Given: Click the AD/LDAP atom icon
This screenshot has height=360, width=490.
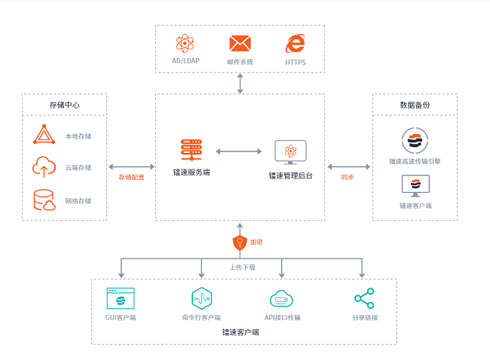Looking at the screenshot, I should (x=185, y=44).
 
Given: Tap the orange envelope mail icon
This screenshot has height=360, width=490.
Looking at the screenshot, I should (x=240, y=44).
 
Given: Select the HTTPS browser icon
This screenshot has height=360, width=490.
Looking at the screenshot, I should (x=295, y=43).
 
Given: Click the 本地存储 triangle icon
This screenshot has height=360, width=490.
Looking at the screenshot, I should (x=44, y=136).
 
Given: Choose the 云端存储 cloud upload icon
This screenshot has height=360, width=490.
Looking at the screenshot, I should (x=44, y=166).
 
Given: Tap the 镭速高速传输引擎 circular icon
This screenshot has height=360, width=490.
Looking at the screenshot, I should (x=415, y=141).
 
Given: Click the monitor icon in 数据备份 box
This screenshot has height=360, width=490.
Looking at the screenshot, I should (x=415, y=185).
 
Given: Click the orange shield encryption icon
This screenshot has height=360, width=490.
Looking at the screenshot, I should (x=240, y=242).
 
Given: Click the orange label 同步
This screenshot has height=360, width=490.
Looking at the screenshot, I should (x=348, y=177).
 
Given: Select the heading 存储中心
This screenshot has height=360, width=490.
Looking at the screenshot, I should (x=65, y=105).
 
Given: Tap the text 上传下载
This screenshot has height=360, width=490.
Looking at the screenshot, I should (x=242, y=267).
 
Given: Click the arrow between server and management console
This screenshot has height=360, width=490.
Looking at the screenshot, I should (x=239, y=151).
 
